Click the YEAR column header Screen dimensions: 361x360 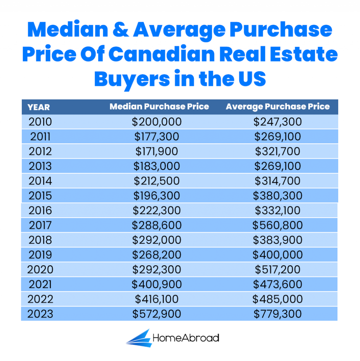(x=39, y=107)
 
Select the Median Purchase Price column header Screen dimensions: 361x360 (x=159, y=107)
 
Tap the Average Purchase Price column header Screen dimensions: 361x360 (x=277, y=107)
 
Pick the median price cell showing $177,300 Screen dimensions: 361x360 (x=157, y=136)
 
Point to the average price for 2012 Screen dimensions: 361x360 (x=277, y=151)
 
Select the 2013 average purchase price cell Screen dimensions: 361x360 (x=277, y=166)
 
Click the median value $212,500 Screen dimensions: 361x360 (x=157, y=181)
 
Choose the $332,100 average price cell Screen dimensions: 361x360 (x=277, y=211)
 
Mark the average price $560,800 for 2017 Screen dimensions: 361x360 (x=277, y=225)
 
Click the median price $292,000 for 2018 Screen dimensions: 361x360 (x=157, y=240)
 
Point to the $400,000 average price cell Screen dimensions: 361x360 (x=277, y=255)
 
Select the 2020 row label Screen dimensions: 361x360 (x=40, y=269)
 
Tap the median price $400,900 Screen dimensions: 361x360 (x=157, y=284)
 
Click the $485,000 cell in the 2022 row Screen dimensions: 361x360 (x=277, y=299)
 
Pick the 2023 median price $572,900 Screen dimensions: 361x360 (x=157, y=314)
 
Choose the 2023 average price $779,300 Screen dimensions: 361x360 (x=277, y=314)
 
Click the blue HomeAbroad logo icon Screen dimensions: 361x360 (x=138, y=338)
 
